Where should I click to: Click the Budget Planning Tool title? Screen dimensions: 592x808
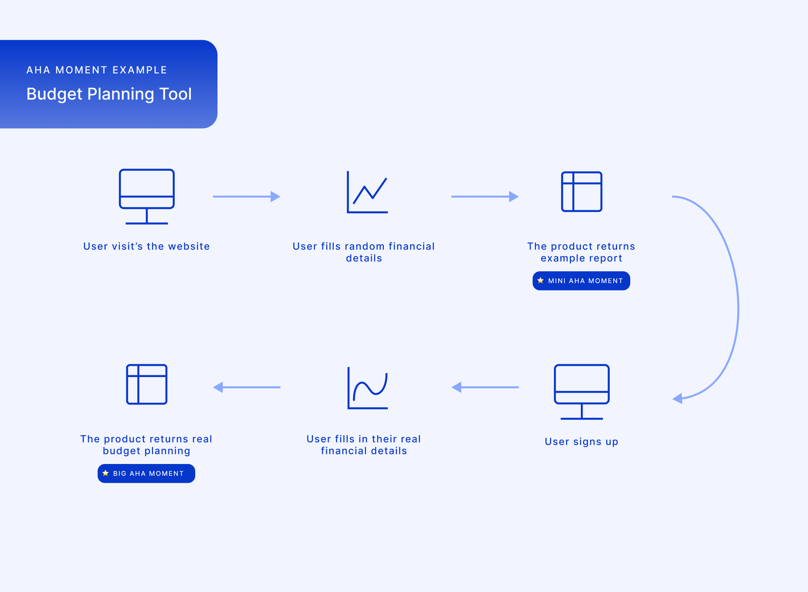pyautogui.click(x=109, y=94)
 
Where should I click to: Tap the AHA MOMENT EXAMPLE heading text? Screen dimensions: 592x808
pyautogui.click(x=97, y=70)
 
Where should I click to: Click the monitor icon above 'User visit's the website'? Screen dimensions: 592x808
pyautogui.click(x=147, y=196)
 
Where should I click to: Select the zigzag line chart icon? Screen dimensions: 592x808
pyautogui.click(x=367, y=192)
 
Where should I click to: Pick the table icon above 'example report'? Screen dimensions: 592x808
pyautogui.click(x=581, y=192)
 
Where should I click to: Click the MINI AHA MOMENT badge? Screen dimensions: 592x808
pyautogui.click(x=581, y=281)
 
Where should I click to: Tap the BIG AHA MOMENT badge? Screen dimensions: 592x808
pyautogui.click(x=146, y=474)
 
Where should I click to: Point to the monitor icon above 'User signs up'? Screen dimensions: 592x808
pyautogui.click(x=581, y=391)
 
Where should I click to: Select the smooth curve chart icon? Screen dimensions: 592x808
pyautogui.click(x=367, y=388)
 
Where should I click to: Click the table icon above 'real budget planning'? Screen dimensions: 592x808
pyautogui.click(x=147, y=384)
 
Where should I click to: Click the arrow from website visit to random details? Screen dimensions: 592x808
pyautogui.click(x=246, y=197)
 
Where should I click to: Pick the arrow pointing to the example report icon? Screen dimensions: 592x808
pyautogui.click(x=484, y=197)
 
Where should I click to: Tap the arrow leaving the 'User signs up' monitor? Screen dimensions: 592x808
pyautogui.click(x=485, y=387)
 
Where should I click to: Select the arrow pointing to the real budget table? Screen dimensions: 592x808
pyautogui.click(x=247, y=387)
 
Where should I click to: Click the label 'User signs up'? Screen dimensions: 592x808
pyautogui.click(x=581, y=442)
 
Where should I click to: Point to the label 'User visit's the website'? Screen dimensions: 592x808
pyautogui.click(x=146, y=246)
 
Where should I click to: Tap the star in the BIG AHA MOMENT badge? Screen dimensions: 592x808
pyautogui.click(x=105, y=473)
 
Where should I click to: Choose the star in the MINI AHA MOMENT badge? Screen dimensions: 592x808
pyautogui.click(x=540, y=280)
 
